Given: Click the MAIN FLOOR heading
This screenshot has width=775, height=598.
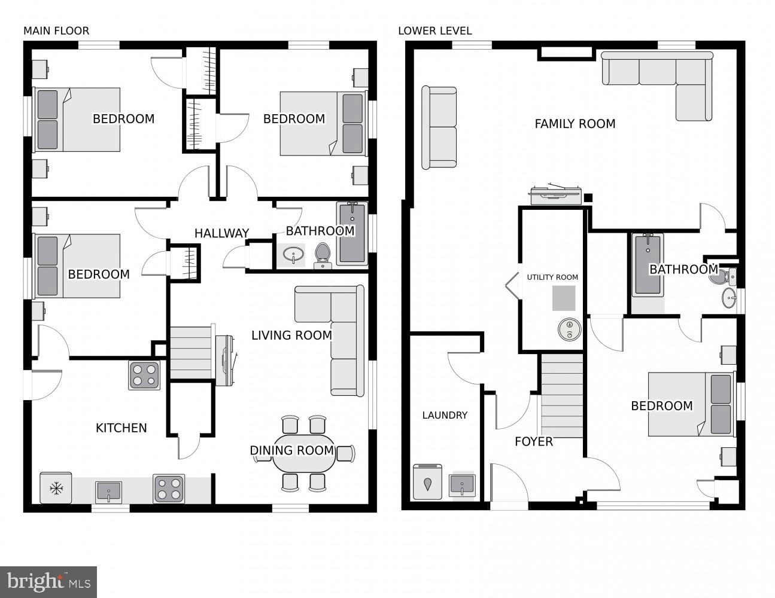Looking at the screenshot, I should coord(56,30).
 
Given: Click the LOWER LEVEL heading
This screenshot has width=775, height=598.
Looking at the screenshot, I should coord(434,30).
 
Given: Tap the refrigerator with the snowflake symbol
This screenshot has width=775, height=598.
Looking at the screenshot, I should coord(56,488).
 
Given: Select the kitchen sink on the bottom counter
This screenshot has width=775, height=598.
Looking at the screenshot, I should coord(108,491).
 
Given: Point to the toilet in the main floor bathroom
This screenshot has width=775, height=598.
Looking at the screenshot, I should coord(323,255).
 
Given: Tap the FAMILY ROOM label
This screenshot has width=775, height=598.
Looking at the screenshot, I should coord(575,124).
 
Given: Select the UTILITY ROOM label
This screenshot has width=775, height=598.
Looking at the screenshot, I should coord(552,277).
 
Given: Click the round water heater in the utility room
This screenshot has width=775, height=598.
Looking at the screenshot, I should coord(569,328).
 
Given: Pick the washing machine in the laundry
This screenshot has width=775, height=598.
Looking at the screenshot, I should coord(427,481).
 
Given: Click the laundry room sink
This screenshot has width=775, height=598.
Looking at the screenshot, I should coord(461,484).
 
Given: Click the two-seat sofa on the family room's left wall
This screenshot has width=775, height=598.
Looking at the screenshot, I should coord(439,127).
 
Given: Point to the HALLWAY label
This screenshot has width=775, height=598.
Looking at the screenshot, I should coord(221,233).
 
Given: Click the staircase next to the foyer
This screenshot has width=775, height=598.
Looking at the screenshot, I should coord(562,395).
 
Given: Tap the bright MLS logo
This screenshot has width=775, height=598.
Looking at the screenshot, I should coord(48,581).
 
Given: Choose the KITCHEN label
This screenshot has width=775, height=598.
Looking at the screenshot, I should coord(121,428).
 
